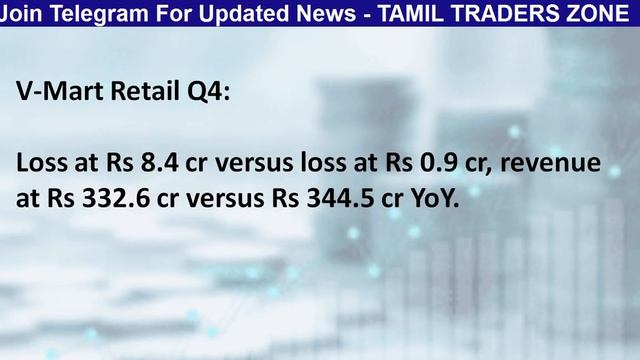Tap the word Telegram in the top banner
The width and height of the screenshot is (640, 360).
88,12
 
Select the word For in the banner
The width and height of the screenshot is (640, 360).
153,12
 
